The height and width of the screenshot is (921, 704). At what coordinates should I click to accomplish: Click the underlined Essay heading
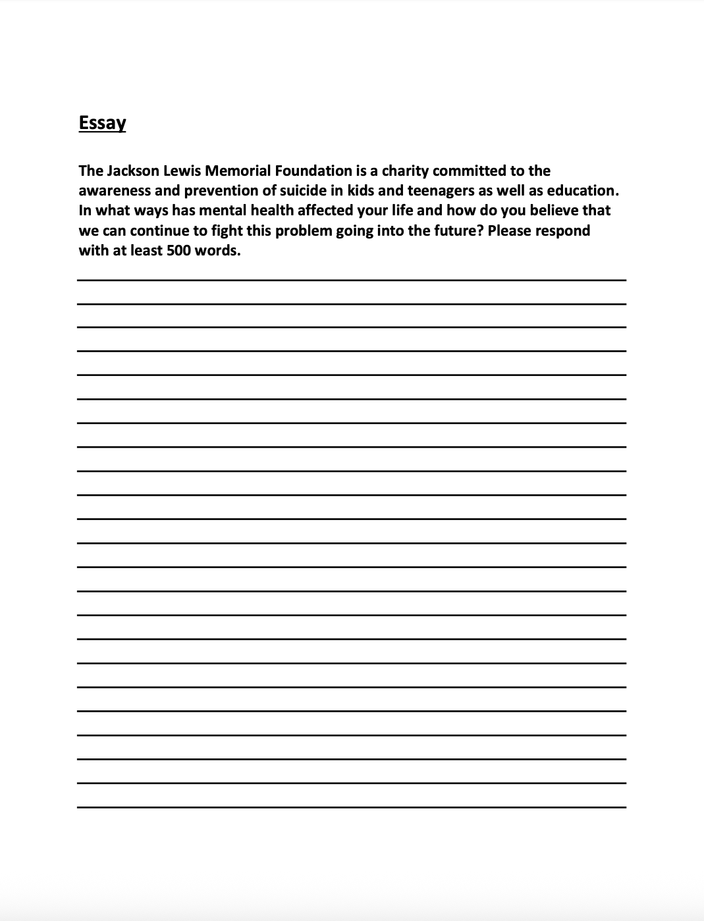pyautogui.click(x=102, y=123)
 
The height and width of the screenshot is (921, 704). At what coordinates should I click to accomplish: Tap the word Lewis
pyautogui.click(x=182, y=171)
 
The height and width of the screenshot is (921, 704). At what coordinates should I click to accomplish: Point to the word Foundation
pyautogui.click(x=313, y=171)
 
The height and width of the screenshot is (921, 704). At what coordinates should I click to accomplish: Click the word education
pyautogui.click(x=583, y=191)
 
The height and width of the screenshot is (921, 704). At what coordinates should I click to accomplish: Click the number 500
pyautogui.click(x=178, y=251)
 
